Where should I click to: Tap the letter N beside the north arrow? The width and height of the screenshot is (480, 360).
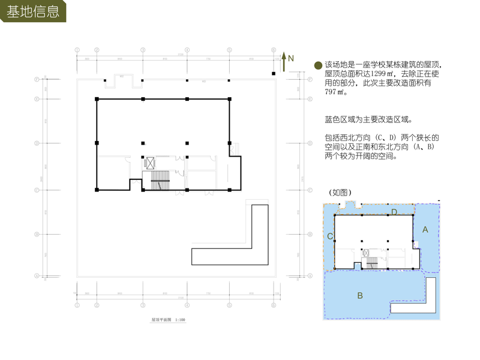point(291,58)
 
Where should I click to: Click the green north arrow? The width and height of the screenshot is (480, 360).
point(284,60)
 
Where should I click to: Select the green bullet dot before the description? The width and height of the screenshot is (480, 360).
point(318,65)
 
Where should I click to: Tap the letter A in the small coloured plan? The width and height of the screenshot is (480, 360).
point(425,229)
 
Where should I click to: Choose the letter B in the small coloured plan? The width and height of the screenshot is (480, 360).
point(360,295)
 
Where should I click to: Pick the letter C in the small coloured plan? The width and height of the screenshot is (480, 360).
point(330,236)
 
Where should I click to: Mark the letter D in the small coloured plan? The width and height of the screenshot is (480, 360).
point(394,212)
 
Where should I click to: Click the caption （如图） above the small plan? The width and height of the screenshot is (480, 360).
point(340,193)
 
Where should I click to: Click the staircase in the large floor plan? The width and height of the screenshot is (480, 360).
point(160,179)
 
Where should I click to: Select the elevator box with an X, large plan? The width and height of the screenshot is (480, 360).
point(150,163)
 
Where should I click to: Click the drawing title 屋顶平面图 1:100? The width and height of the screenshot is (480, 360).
point(169,320)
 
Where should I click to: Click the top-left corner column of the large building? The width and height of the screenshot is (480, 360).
point(97,99)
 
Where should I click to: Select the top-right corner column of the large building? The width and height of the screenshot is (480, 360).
point(230,99)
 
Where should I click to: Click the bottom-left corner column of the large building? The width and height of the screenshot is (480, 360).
point(97,190)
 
